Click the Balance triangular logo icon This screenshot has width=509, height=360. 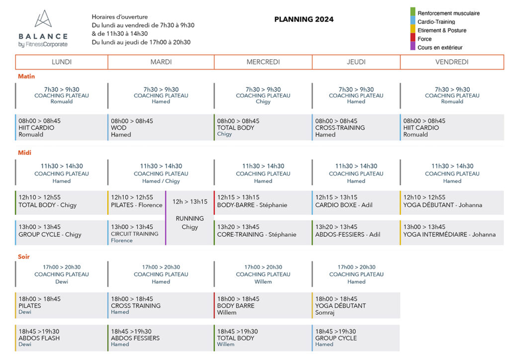pos(43,18)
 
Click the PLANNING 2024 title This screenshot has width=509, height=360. pos(304,19)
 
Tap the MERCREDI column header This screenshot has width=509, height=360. pos(263,62)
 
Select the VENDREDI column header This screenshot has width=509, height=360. pos(452,62)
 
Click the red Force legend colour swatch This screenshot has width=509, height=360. pos(413,37)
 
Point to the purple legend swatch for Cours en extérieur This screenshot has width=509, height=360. pos(413,46)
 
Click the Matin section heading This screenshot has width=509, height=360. pos(26,76)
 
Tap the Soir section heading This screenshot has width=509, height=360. pos(24,257)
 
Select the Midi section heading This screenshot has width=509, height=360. pos(25,153)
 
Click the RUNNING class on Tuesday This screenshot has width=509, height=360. pos(190,218)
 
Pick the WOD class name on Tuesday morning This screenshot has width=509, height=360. pos(118,128)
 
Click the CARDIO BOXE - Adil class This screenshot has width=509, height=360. pos(344,205)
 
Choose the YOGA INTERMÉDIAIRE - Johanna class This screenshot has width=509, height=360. pos(449,234)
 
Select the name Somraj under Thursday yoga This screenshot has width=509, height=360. pos(325,313)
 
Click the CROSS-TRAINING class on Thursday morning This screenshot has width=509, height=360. pos(340,128)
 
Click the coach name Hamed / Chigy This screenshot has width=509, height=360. pos(161,181)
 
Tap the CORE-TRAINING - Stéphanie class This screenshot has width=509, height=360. pos(257,234)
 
